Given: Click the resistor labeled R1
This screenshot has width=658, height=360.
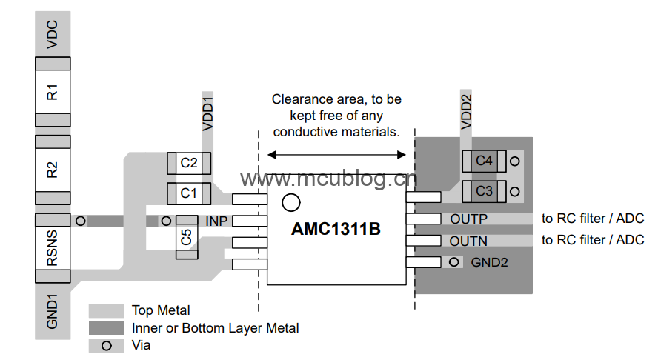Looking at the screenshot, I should [x=52, y=93].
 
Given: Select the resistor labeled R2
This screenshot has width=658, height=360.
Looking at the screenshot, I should [x=52, y=169].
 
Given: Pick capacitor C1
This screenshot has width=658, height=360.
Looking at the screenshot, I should [x=190, y=193].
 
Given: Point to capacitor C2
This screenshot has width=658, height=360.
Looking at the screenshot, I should [x=190, y=162].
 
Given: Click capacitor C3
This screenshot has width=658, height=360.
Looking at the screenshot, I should [x=484, y=191].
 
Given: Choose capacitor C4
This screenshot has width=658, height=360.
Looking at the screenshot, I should [x=484, y=160].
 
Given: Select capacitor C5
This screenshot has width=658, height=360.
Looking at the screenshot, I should [x=186, y=237].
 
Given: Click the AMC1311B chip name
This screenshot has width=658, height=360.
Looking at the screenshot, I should [x=336, y=230].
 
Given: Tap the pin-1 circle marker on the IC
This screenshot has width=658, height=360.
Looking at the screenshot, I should [x=291, y=201].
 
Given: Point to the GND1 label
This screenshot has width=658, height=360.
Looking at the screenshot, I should [x=52, y=312].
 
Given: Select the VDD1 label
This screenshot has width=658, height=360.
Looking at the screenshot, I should [x=207, y=113].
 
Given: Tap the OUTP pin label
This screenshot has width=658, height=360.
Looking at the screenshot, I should [x=468, y=219].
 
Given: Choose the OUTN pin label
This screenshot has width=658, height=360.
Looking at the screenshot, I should [x=468, y=241].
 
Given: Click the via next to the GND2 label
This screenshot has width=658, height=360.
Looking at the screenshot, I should [x=453, y=261].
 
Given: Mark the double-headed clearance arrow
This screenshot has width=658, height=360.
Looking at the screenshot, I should [x=336, y=154].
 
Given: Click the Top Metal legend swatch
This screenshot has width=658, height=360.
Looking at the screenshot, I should [x=107, y=310].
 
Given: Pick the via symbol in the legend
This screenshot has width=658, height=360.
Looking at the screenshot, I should [x=107, y=345].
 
